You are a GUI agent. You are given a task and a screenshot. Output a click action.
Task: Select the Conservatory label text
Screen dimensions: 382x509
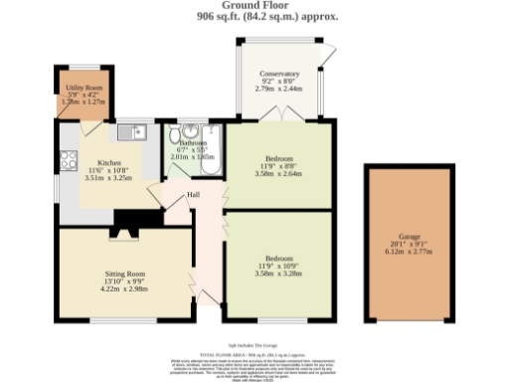pos(280,75)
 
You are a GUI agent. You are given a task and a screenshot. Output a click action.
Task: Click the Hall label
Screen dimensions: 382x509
pos(193,195)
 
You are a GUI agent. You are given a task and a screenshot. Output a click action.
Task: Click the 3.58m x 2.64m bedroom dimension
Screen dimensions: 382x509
pos(277,174)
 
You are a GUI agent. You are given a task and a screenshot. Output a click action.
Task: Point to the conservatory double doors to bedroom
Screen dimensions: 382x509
pos(278,120)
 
